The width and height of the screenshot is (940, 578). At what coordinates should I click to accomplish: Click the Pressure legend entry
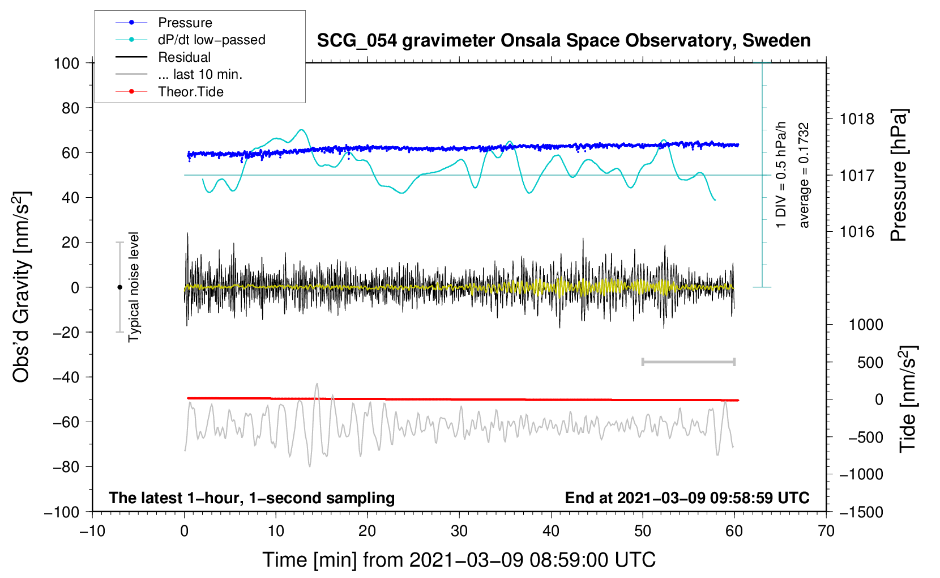(185, 23)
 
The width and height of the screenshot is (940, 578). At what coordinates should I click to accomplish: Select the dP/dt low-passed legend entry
(211, 40)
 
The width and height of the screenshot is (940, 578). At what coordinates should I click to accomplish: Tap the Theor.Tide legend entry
(190, 92)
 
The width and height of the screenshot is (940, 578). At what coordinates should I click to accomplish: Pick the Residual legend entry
(184, 57)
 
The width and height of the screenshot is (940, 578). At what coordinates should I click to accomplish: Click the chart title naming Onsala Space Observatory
(563, 41)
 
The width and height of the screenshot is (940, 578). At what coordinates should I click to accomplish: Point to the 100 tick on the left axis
(66, 63)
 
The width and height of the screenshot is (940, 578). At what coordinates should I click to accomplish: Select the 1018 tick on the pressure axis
(857, 119)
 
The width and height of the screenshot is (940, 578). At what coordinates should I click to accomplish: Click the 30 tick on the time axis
(459, 531)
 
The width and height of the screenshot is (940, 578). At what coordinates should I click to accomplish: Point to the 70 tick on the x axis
(826, 531)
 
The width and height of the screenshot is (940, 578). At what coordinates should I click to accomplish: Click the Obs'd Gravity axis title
(21, 287)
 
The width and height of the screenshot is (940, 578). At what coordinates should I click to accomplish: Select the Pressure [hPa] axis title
(899, 175)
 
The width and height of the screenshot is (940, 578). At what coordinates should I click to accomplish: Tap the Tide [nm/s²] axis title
(908, 399)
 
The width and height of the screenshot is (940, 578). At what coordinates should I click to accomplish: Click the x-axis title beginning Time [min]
(459, 560)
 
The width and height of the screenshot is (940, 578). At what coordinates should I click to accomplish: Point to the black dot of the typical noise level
(119, 287)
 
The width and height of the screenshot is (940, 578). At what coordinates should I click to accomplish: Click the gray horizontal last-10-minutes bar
(688, 362)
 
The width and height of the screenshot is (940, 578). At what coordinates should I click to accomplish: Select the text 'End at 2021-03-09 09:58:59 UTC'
(687, 498)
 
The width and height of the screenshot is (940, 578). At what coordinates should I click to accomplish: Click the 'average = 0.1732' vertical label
(804, 176)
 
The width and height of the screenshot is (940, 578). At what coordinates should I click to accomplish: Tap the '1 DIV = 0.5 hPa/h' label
(781, 175)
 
